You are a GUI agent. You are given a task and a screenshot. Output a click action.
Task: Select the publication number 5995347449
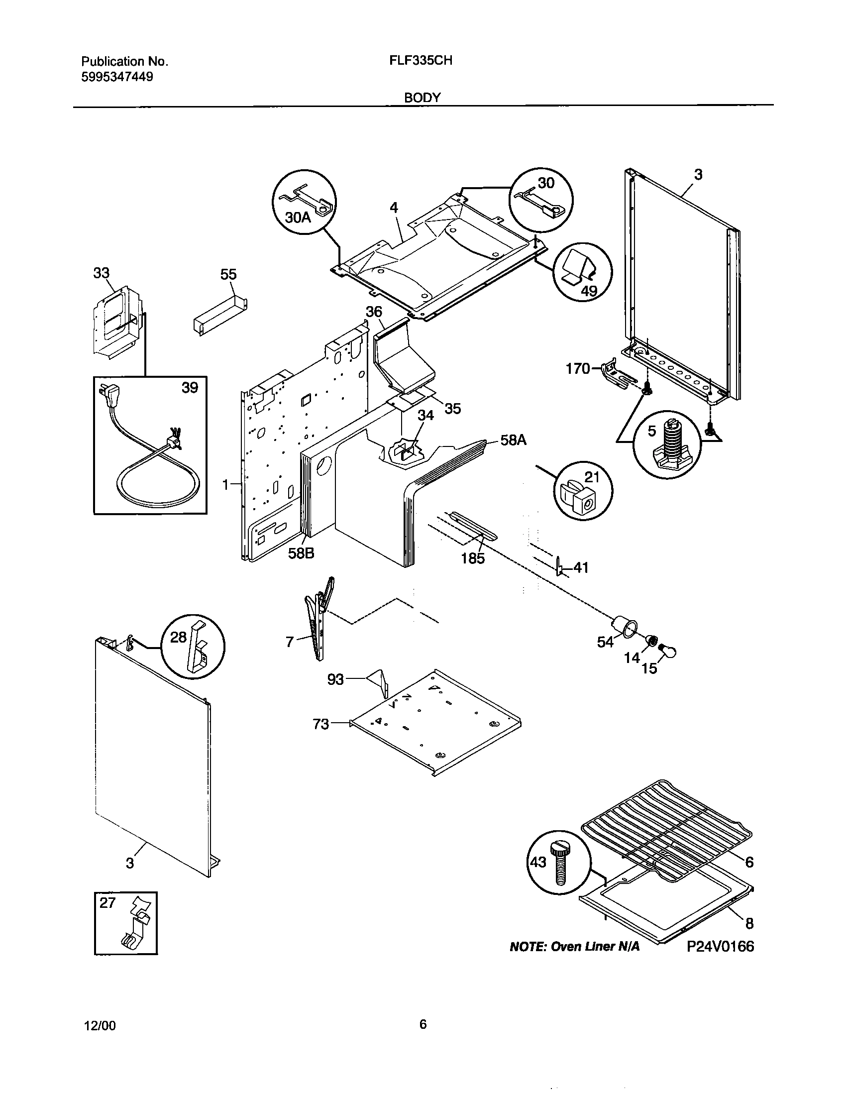click(117, 77)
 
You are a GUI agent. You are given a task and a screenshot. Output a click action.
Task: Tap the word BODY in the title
click(422, 98)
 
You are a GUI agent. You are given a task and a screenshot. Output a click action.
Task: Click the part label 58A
click(514, 439)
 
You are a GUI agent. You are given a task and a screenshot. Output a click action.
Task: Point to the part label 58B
click(301, 553)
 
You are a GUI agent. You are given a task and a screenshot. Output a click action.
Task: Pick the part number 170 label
click(577, 369)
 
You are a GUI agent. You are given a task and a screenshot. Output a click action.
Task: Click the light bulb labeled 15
click(668, 651)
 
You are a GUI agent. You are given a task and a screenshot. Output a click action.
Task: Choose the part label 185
click(473, 558)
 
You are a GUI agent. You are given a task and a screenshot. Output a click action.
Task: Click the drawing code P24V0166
click(720, 946)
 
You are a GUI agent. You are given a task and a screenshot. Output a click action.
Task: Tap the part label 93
click(335, 679)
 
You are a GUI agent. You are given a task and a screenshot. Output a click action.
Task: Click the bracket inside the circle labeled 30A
click(311, 198)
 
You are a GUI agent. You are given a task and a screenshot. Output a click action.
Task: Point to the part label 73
click(321, 724)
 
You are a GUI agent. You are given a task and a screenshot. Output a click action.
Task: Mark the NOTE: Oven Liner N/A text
click(574, 947)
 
